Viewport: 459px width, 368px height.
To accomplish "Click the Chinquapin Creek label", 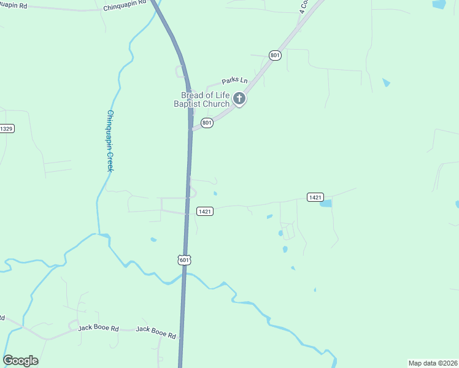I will (x=110, y=140).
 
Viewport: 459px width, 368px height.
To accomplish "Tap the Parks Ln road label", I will (x=235, y=80).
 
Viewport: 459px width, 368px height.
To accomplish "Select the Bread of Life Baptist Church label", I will (x=205, y=99).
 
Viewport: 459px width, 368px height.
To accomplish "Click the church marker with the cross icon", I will (x=239, y=99).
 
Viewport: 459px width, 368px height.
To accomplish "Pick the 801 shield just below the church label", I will (x=207, y=123).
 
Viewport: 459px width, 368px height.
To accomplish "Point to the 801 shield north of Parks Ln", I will (x=275, y=56).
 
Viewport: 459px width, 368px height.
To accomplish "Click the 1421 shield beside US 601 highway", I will (x=205, y=212).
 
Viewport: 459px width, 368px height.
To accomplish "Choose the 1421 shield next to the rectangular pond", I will (x=315, y=197).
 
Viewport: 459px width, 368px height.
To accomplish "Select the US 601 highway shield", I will (x=185, y=260).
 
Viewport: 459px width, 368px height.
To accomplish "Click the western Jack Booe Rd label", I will (x=98, y=328).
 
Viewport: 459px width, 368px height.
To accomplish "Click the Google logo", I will (x=20, y=361).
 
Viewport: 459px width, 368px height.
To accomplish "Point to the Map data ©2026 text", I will (x=433, y=362).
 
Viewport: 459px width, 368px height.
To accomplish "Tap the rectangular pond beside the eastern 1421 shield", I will (x=326, y=204).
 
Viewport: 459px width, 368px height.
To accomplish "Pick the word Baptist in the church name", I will (x=197, y=104).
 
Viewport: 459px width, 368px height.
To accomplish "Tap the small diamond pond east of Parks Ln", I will (x=385, y=82).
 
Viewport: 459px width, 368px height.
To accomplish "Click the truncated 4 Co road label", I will (x=304, y=7).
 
